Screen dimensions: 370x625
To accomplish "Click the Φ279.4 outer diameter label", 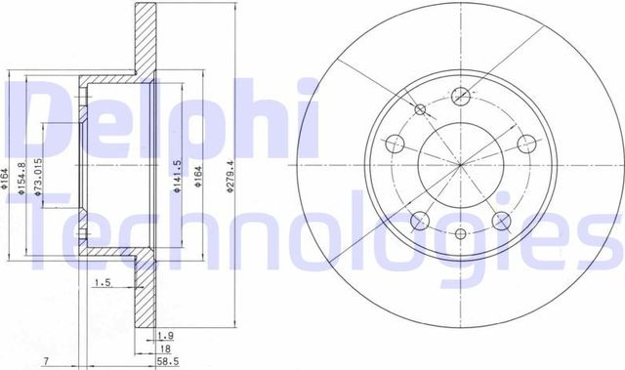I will [230, 177].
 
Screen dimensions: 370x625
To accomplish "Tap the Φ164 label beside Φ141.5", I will [198, 178].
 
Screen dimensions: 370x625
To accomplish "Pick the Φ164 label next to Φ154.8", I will [5, 178].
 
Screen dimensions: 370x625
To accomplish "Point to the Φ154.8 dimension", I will [21, 178].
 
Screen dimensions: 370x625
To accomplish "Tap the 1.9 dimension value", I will [165, 334].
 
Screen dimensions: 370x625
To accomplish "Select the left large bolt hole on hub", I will [396, 144].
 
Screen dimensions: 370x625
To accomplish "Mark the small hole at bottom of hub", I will [460, 234].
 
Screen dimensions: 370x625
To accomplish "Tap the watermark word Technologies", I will [312, 232].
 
